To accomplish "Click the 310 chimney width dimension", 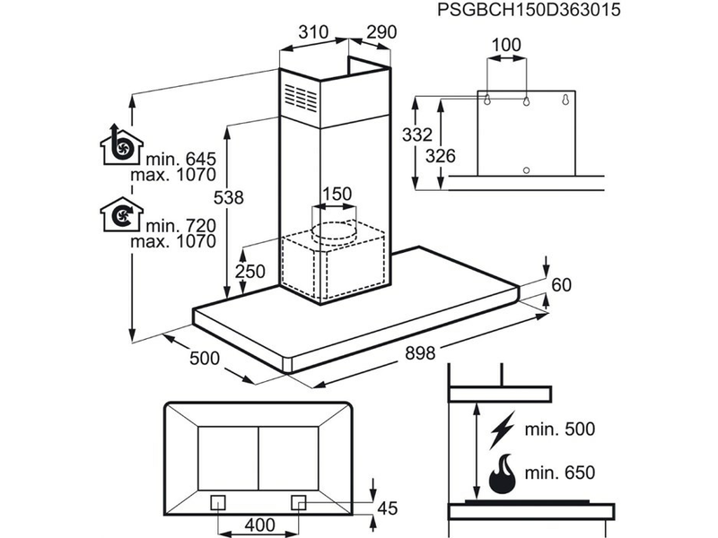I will click(x=311, y=32).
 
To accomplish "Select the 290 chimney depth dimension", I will click(x=380, y=32).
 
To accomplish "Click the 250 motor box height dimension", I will click(x=249, y=273).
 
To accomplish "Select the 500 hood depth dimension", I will click(x=206, y=359).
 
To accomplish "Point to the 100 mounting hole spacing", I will click(x=507, y=44).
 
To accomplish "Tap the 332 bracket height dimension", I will click(x=416, y=136).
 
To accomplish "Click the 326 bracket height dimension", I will click(x=440, y=156).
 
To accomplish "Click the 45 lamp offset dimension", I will click(x=387, y=508).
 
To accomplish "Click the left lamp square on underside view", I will click(x=216, y=501).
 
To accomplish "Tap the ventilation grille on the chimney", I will click(x=302, y=95).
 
